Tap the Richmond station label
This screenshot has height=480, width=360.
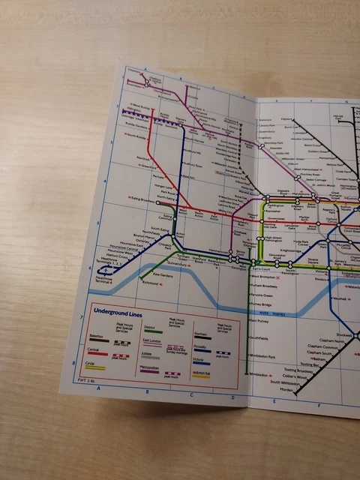[150, 283]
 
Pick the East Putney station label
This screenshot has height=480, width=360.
[258, 321]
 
